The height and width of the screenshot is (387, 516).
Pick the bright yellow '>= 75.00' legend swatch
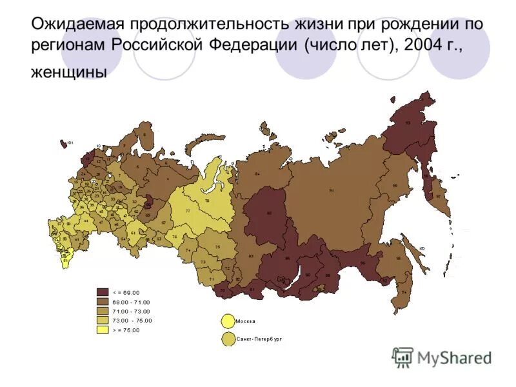pyautogui.click(x=101, y=330)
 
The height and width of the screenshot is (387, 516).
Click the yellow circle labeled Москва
pyautogui.click(x=227, y=321)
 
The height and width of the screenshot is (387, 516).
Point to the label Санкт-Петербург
pyautogui.click(x=259, y=338)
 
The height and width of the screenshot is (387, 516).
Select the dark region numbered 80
pyautogui.click(x=268, y=213)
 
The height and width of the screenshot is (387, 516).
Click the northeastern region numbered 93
pyautogui.click(x=406, y=123)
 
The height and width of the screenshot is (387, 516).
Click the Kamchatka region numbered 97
pyautogui.click(x=438, y=196)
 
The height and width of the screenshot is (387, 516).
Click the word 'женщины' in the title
pyautogui.click(x=68, y=73)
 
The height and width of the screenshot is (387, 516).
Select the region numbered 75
pyautogui.click(x=217, y=247)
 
